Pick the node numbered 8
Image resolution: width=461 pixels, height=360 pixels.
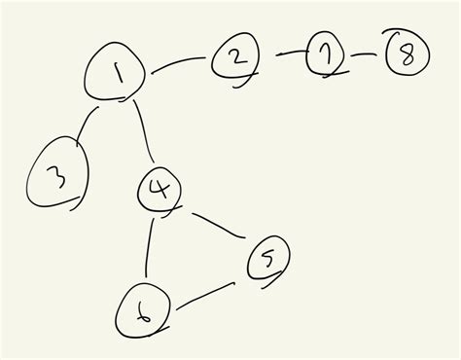coord(407,54)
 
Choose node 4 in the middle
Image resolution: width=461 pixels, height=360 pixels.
coord(160,187)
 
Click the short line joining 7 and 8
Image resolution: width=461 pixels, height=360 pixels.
coord(364,54)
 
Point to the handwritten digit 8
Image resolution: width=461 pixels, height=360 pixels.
coord(407,55)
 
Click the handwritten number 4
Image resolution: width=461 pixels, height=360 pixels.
coord(160,187)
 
